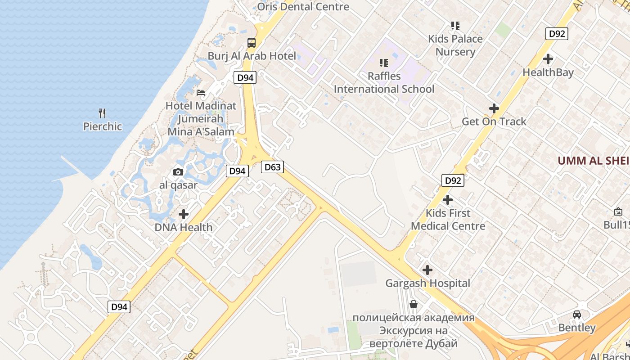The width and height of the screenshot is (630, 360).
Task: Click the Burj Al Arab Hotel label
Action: point(252,56)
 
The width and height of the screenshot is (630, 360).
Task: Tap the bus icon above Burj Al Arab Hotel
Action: point(252,43)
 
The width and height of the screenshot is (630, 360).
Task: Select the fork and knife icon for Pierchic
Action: point(103,113)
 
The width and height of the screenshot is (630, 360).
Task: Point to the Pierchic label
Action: point(103,126)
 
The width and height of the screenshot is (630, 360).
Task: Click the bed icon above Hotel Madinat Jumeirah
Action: point(201,93)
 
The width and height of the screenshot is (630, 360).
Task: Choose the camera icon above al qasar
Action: point(178,172)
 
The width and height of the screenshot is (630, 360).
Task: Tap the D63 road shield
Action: point(272,167)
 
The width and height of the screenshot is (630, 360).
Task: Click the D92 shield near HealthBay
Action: point(557,34)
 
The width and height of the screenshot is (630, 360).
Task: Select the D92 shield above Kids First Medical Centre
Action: point(452,180)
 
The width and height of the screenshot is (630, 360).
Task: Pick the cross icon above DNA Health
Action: point(184,214)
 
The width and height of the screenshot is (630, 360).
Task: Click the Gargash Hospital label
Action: point(427,283)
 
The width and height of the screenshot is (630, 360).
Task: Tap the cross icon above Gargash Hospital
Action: point(427,270)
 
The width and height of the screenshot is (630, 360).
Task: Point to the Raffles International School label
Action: point(384,83)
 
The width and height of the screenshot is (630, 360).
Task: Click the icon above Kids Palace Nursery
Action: point(455,26)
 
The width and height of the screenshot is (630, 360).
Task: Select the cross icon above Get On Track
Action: point(494,108)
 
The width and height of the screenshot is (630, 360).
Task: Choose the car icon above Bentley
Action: point(577,314)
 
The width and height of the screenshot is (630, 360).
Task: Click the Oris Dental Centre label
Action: point(303,7)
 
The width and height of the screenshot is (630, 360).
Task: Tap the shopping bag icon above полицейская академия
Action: point(414,305)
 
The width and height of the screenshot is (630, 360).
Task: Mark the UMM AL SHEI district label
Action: point(593,161)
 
